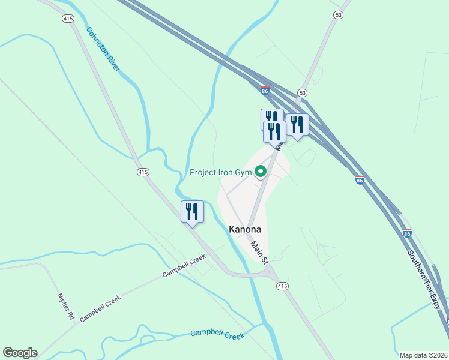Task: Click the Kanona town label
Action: pos(245,229)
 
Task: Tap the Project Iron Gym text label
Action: pos(220,173)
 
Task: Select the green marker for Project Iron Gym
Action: pos(261,172)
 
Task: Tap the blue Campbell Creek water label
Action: pos(217,334)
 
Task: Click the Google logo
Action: pos(20,353)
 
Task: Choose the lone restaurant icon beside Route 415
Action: pos(192,212)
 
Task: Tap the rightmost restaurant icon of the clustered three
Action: pos(297,124)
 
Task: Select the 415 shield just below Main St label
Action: pos(282,286)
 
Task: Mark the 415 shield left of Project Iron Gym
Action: pos(142,172)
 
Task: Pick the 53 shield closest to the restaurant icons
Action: pos(302,93)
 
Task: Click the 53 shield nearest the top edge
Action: pos(339,14)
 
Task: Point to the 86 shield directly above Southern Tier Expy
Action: pos(407,233)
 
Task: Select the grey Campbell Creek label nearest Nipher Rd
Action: pos(100,306)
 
